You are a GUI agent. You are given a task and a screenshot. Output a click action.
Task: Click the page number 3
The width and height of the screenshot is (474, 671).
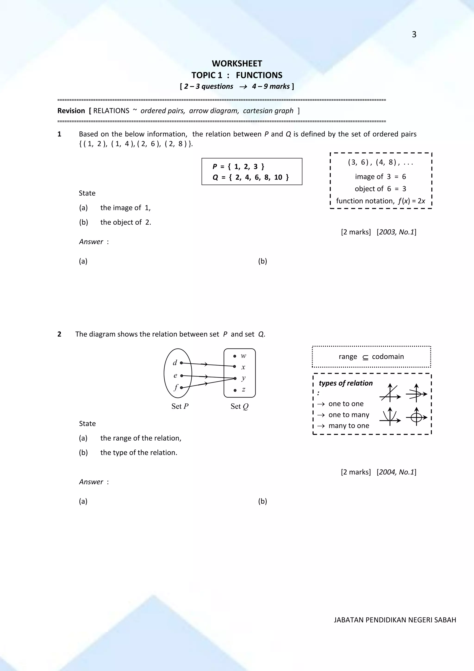414,34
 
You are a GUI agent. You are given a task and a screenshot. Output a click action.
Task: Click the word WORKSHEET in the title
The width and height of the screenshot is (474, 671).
237,63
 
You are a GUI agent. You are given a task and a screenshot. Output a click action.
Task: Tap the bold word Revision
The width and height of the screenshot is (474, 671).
71,111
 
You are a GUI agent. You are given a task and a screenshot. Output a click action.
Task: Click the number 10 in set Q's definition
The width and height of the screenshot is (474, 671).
278,177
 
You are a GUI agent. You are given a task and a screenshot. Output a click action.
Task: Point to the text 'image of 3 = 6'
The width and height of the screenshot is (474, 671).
380,176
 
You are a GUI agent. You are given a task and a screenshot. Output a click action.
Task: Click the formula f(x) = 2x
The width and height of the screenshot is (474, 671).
412,201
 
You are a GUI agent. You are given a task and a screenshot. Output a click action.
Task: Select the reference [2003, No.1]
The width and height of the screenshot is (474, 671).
396,232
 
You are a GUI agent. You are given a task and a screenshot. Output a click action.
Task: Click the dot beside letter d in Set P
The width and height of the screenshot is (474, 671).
181,363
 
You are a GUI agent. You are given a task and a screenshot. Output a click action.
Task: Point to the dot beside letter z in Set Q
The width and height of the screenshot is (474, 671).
235,390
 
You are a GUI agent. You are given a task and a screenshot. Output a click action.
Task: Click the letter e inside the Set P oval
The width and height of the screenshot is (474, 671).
175,376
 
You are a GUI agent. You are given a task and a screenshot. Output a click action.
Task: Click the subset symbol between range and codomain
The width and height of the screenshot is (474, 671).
365,357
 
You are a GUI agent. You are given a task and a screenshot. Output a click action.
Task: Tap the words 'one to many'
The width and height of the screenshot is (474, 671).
349,415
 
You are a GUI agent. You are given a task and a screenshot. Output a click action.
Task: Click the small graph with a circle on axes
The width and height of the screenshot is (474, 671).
416,417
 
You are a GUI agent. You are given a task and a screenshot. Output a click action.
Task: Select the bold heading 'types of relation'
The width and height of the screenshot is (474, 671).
346,383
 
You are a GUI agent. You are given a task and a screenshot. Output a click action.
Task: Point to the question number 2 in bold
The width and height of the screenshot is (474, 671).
59,334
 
